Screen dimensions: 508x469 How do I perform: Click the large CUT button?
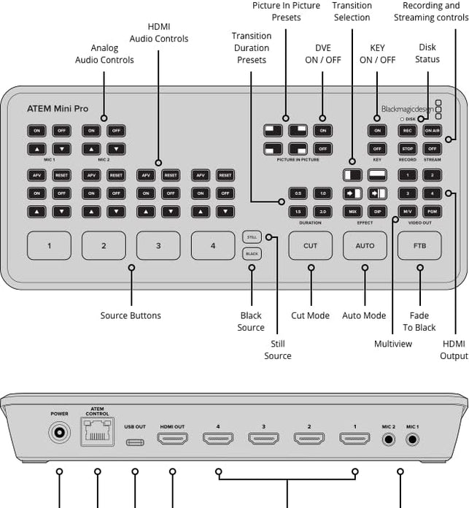310,246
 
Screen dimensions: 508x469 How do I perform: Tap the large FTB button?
419,246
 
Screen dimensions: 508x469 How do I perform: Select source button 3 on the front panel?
158,246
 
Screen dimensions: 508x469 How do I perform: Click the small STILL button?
252,236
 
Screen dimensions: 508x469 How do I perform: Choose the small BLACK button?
252,253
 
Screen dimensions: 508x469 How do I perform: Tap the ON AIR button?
432,131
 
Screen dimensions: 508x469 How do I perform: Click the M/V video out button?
408,211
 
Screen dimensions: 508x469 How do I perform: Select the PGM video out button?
432,211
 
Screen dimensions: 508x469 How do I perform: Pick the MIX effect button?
353,211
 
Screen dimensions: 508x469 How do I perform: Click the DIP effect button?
377,211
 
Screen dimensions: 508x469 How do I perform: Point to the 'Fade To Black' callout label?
419,322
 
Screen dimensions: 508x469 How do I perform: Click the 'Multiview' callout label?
393,344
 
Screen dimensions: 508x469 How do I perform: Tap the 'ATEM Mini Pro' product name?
58,109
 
